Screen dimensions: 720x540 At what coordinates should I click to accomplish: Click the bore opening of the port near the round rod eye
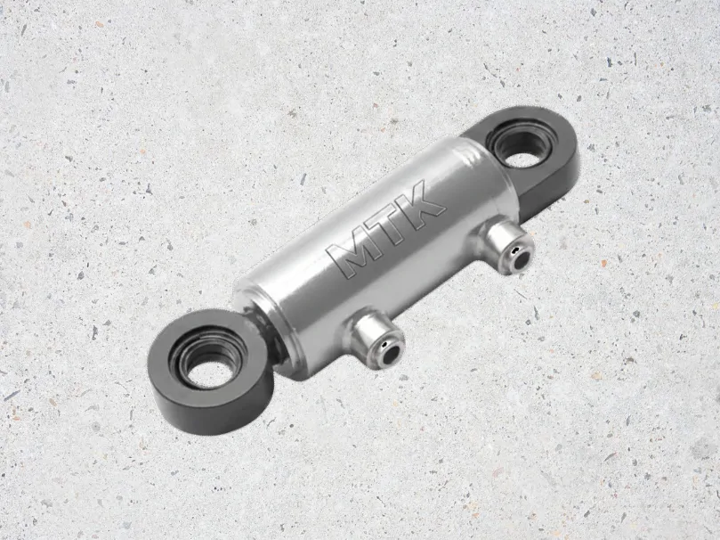392,356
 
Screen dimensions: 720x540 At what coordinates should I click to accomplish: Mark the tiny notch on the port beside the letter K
516,250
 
